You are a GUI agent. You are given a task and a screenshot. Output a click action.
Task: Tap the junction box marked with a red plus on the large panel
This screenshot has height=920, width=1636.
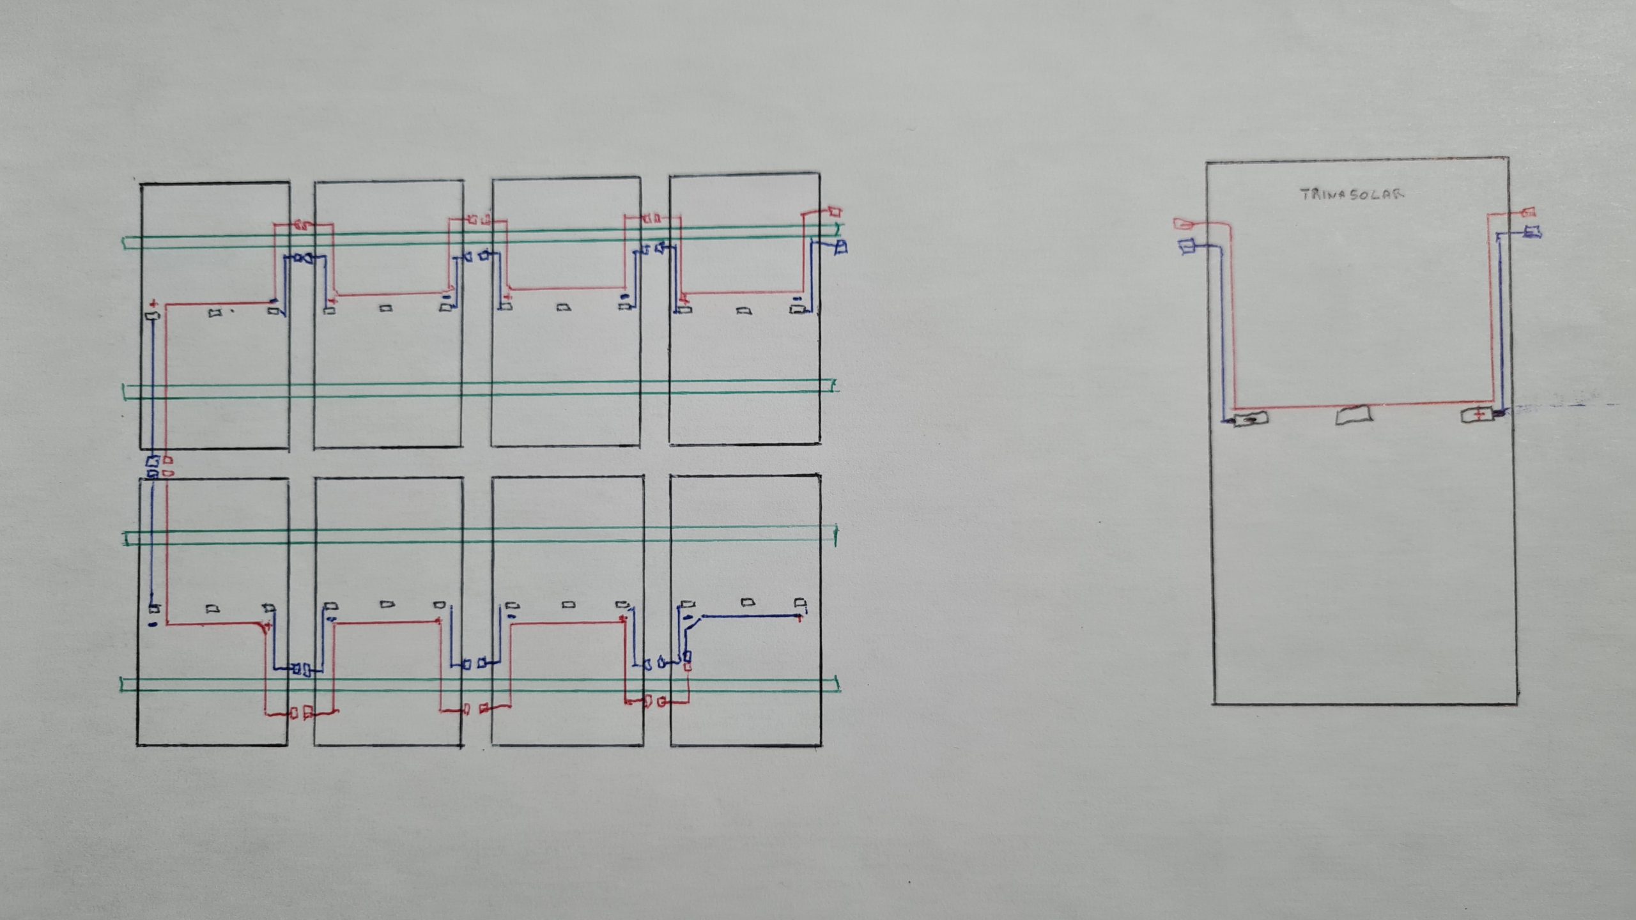pos(1478,415)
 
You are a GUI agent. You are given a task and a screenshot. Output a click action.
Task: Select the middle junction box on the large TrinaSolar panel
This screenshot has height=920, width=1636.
pos(1354,415)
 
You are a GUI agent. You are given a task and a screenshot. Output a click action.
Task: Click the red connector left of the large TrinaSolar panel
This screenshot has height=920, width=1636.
pos(1184,224)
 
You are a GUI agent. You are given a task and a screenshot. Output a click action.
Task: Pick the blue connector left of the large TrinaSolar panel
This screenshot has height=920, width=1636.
pos(1188,245)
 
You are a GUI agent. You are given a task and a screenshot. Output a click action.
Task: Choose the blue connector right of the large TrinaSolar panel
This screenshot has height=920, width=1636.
pos(1532,232)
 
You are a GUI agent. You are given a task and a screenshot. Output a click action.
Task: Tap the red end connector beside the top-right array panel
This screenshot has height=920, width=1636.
pos(834,210)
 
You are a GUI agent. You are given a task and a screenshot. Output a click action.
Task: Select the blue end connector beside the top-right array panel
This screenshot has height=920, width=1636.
pos(841,246)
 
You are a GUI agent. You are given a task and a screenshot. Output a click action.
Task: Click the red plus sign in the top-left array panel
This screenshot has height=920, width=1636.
pos(153,303)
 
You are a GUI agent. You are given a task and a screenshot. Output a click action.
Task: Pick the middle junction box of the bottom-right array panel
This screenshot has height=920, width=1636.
pos(746,602)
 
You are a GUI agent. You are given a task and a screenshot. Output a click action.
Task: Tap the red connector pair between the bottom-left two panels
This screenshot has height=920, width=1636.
pos(301,712)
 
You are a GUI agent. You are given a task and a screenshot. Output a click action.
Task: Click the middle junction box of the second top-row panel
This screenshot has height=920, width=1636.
pos(386,309)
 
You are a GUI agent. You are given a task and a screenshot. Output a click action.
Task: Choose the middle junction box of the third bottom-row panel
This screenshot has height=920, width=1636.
pos(568,604)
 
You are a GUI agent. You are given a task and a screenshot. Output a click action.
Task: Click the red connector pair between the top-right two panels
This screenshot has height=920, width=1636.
pos(652,219)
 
